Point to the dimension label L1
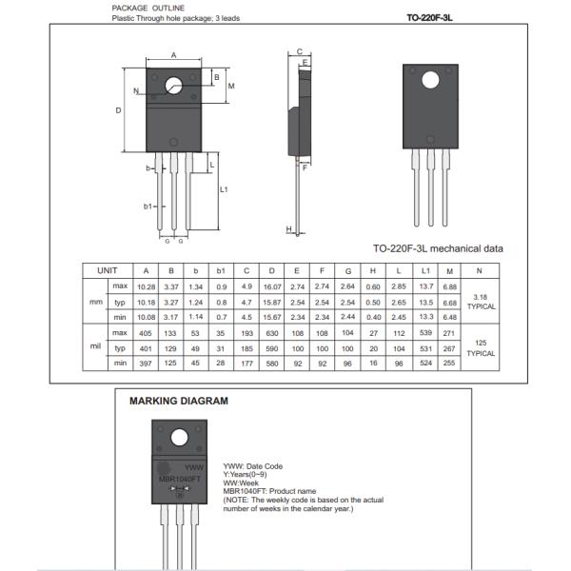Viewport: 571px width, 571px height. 224,189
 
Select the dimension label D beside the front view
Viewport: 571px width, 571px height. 118,111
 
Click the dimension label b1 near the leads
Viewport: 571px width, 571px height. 148,206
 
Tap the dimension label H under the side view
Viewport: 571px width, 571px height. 288,229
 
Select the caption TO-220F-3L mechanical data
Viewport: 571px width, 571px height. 438,248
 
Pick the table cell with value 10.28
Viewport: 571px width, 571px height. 147,286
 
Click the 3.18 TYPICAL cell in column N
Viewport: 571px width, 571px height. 480,302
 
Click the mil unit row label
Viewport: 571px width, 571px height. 95,347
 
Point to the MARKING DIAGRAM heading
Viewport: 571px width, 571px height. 178,401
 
